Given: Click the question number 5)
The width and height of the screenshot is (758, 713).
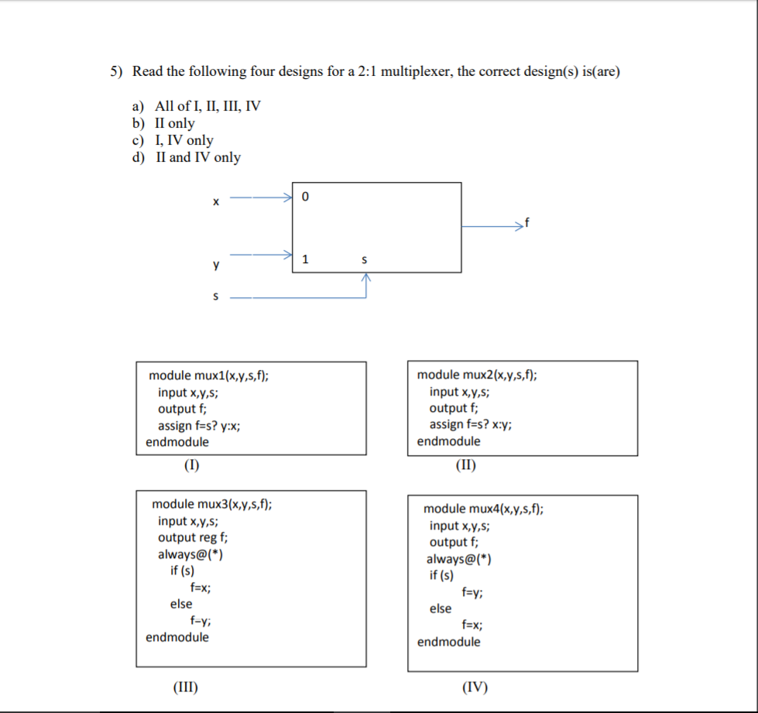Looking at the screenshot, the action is (116, 71).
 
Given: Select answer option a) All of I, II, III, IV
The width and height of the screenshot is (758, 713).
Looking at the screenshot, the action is (196, 106).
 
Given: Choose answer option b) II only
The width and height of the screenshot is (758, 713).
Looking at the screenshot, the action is (163, 123).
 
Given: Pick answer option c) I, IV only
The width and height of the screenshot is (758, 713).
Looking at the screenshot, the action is (173, 140).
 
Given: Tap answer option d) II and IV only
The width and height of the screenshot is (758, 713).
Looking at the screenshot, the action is (186, 157).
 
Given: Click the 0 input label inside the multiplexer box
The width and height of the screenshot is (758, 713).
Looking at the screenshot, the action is (305, 197).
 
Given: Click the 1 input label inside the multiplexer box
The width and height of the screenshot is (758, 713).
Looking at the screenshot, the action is (305, 259).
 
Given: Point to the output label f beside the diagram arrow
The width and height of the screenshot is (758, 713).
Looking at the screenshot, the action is (527, 222).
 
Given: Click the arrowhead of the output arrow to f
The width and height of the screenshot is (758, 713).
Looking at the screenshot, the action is (520, 226).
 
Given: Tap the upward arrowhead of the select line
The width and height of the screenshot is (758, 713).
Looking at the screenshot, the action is (366, 277).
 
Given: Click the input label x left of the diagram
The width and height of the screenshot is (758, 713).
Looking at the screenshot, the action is (216, 201).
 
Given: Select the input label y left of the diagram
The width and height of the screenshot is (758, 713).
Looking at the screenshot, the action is (216, 265).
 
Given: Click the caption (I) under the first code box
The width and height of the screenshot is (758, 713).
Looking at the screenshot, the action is (191, 465).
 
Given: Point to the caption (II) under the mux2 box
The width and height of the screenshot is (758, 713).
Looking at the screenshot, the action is (466, 465).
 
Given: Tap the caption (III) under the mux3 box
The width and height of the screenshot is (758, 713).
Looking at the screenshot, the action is (186, 687).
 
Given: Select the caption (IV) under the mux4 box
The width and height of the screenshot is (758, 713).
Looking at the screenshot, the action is (475, 687).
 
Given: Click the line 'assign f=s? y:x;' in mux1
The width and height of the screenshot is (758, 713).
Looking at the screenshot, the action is (199, 426).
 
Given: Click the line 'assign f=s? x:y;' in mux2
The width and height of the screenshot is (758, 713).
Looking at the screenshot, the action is (471, 424).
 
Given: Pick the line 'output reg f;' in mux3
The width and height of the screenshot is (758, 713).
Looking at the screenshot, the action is (192, 537).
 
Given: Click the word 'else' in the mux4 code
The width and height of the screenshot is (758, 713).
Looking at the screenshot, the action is (441, 608).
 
